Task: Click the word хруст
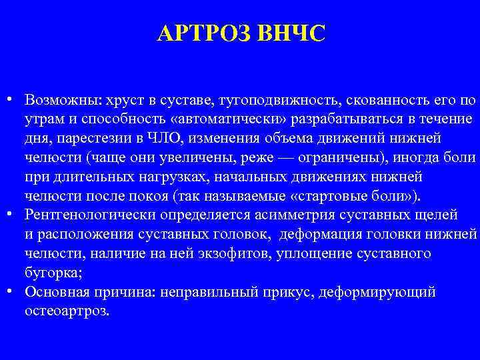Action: pos(121,100)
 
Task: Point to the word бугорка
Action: pos(51,273)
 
